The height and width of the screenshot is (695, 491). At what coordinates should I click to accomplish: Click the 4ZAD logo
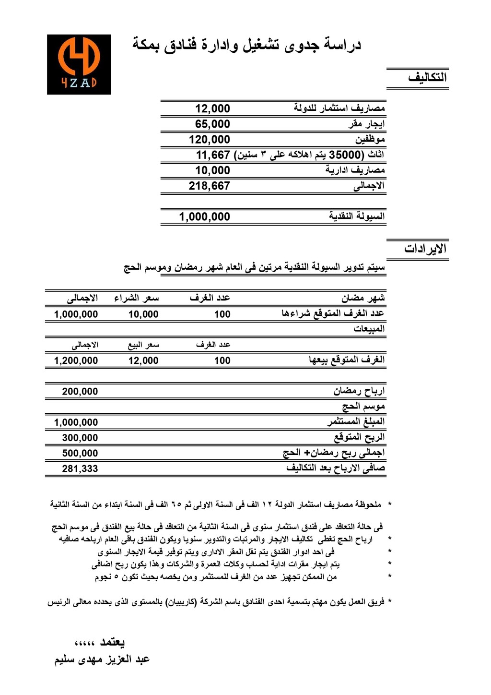click(x=79, y=64)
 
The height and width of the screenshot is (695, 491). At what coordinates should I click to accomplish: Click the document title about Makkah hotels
click(x=246, y=45)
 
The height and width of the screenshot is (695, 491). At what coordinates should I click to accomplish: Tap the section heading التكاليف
click(x=427, y=77)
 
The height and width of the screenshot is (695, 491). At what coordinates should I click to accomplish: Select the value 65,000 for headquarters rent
click(x=212, y=124)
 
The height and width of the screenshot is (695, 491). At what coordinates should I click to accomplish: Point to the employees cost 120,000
click(x=210, y=140)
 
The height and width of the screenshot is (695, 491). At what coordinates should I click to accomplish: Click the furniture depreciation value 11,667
click(x=213, y=155)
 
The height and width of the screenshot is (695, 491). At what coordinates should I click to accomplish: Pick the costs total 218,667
click(x=210, y=186)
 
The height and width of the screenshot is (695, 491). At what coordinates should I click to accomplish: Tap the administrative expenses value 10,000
click(x=212, y=170)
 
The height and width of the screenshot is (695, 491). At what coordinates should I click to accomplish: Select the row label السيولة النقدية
click(x=357, y=216)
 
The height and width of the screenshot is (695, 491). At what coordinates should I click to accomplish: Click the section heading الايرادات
click(x=425, y=249)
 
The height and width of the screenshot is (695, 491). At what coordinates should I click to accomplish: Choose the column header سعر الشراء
click(x=136, y=298)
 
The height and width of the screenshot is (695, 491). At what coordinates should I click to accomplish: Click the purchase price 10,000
click(x=143, y=314)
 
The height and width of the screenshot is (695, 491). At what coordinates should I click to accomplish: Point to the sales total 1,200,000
click(x=76, y=360)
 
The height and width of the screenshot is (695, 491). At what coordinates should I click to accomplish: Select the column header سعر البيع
click(x=143, y=345)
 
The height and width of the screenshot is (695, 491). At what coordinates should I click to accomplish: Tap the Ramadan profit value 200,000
click(x=80, y=392)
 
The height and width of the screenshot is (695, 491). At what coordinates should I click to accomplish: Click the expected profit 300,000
click(x=80, y=438)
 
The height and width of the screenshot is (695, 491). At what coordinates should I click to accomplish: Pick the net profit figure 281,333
click(x=80, y=468)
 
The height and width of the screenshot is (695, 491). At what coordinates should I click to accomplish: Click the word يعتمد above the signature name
click(x=112, y=642)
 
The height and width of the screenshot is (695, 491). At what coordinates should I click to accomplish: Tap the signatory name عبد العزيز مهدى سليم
click(x=102, y=659)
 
